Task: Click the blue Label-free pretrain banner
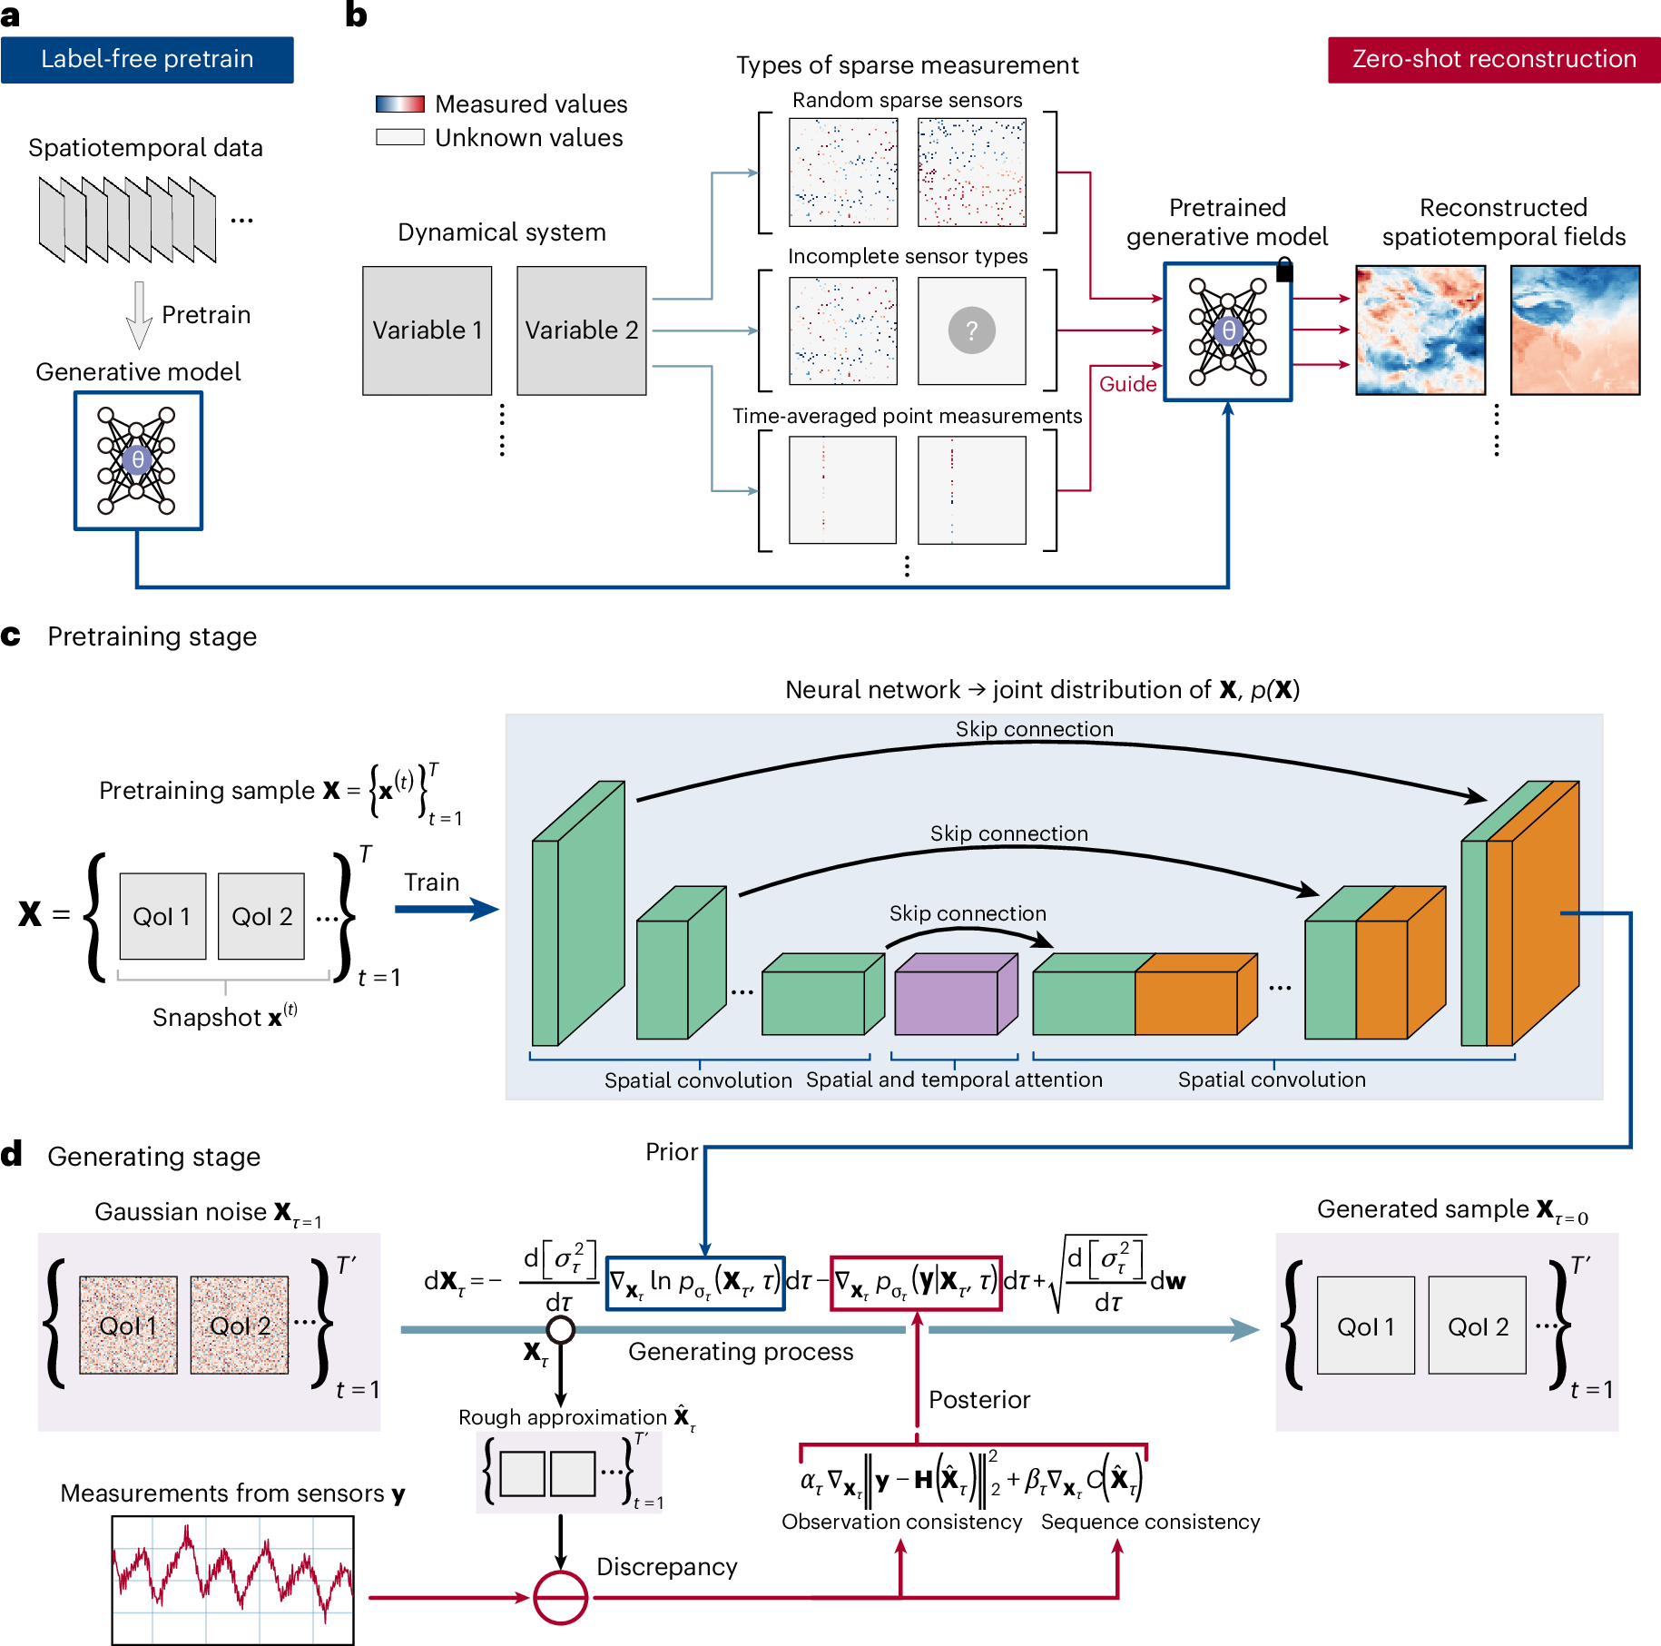(x=147, y=60)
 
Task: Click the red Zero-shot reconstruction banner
(x=1493, y=60)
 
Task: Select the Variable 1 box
(x=427, y=330)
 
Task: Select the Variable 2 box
(x=581, y=330)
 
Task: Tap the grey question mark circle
(x=971, y=330)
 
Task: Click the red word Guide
(x=1127, y=384)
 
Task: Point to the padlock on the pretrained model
(x=1284, y=270)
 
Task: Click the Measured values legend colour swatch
(x=400, y=104)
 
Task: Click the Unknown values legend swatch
(x=400, y=137)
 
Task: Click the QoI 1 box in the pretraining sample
(x=162, y=916)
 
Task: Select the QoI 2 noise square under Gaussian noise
(x=240, y=1326)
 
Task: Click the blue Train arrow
(x=446, y=909)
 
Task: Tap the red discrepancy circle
(x=560, y=1597)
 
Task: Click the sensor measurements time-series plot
(x=233, y=1580)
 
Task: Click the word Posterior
(x=979, y=1400)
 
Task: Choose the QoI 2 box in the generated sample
(x=1477, y=1326)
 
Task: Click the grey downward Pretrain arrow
(x=139, y=314)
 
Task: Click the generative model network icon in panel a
(x=138, y=460)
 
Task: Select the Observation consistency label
(x=901, y=1522)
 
